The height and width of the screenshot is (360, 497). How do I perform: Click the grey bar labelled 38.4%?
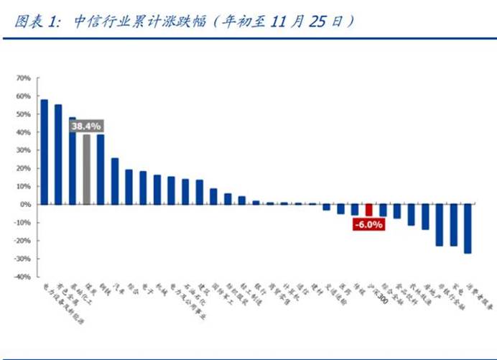tap(86, 169)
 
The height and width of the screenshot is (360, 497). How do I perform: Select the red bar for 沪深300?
tap(368, 210)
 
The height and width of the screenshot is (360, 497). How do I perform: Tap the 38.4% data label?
tap(86, 126)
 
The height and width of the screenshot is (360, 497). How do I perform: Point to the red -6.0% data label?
tap(368, 224)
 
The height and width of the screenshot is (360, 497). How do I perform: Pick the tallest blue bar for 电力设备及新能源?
tap(44, 152)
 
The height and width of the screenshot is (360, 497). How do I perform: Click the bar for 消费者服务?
tap(468, 229)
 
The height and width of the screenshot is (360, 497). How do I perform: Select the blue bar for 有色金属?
tap(58, 154)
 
